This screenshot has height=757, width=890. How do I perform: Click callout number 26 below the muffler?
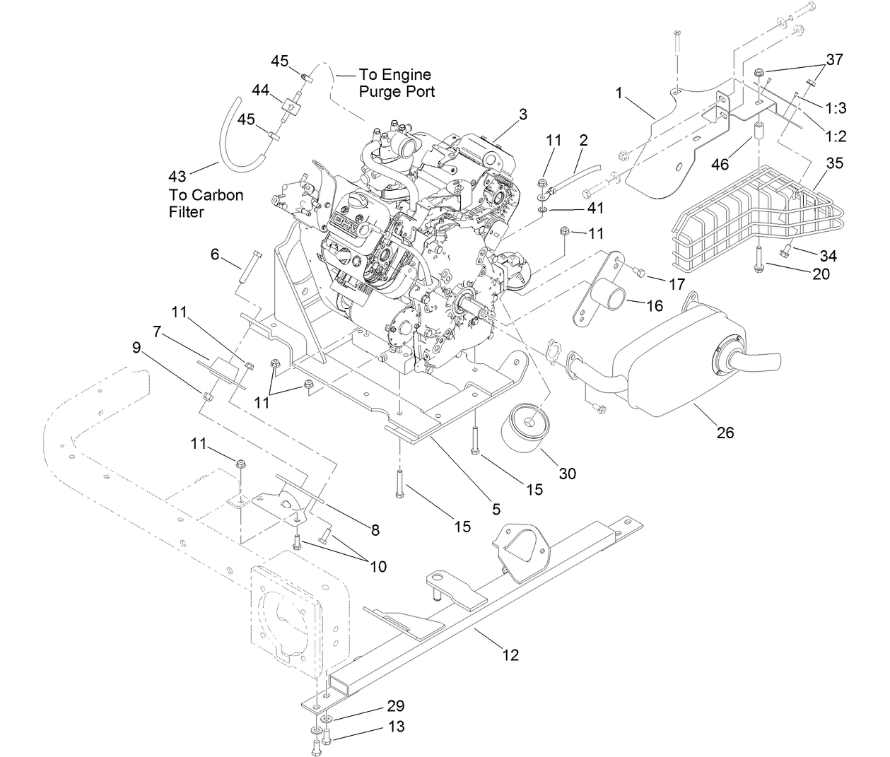point(725,432)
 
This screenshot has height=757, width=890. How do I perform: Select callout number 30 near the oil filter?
point(568,473)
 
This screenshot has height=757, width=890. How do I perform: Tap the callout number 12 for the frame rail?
point(510,655)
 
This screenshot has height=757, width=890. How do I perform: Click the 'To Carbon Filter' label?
point(205,203)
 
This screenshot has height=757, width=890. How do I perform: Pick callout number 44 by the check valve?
point(261,90)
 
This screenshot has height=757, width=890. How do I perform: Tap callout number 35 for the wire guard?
point(835,163)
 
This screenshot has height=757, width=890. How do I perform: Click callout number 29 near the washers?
point(395,705)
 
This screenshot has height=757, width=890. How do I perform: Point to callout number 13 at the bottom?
point(395,727)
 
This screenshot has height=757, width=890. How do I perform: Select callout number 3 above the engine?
point(523,113)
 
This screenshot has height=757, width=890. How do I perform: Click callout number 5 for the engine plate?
point(496,508)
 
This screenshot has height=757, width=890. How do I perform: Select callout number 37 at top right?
point(835,59)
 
